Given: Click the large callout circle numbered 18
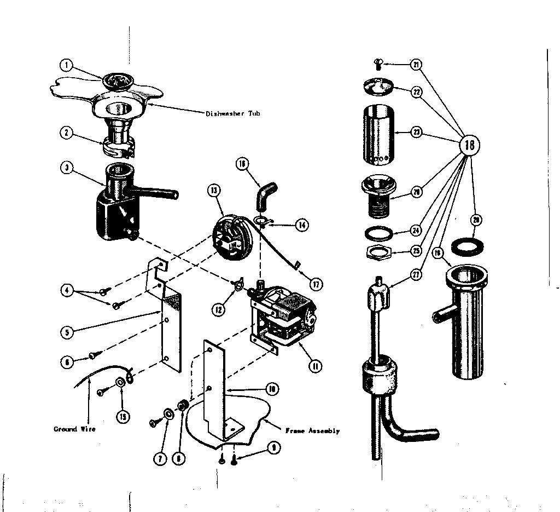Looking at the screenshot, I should tap(469, 145).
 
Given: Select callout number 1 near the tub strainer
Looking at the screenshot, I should tap(66, 66).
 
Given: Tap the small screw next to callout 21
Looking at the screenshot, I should tap(377, 64).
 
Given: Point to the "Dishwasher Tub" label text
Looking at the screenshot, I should tap(232, 114).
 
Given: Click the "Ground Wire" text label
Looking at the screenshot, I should tap(74, 429).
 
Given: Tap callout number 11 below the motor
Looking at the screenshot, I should tap(314, 366).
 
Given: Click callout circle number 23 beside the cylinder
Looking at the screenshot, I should tap(416, 133).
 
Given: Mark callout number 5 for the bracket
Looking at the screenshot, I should tap(66, 331).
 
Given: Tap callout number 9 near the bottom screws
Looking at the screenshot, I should tap(274, 447).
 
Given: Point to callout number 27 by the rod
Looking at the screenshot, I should tap(416, 275).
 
